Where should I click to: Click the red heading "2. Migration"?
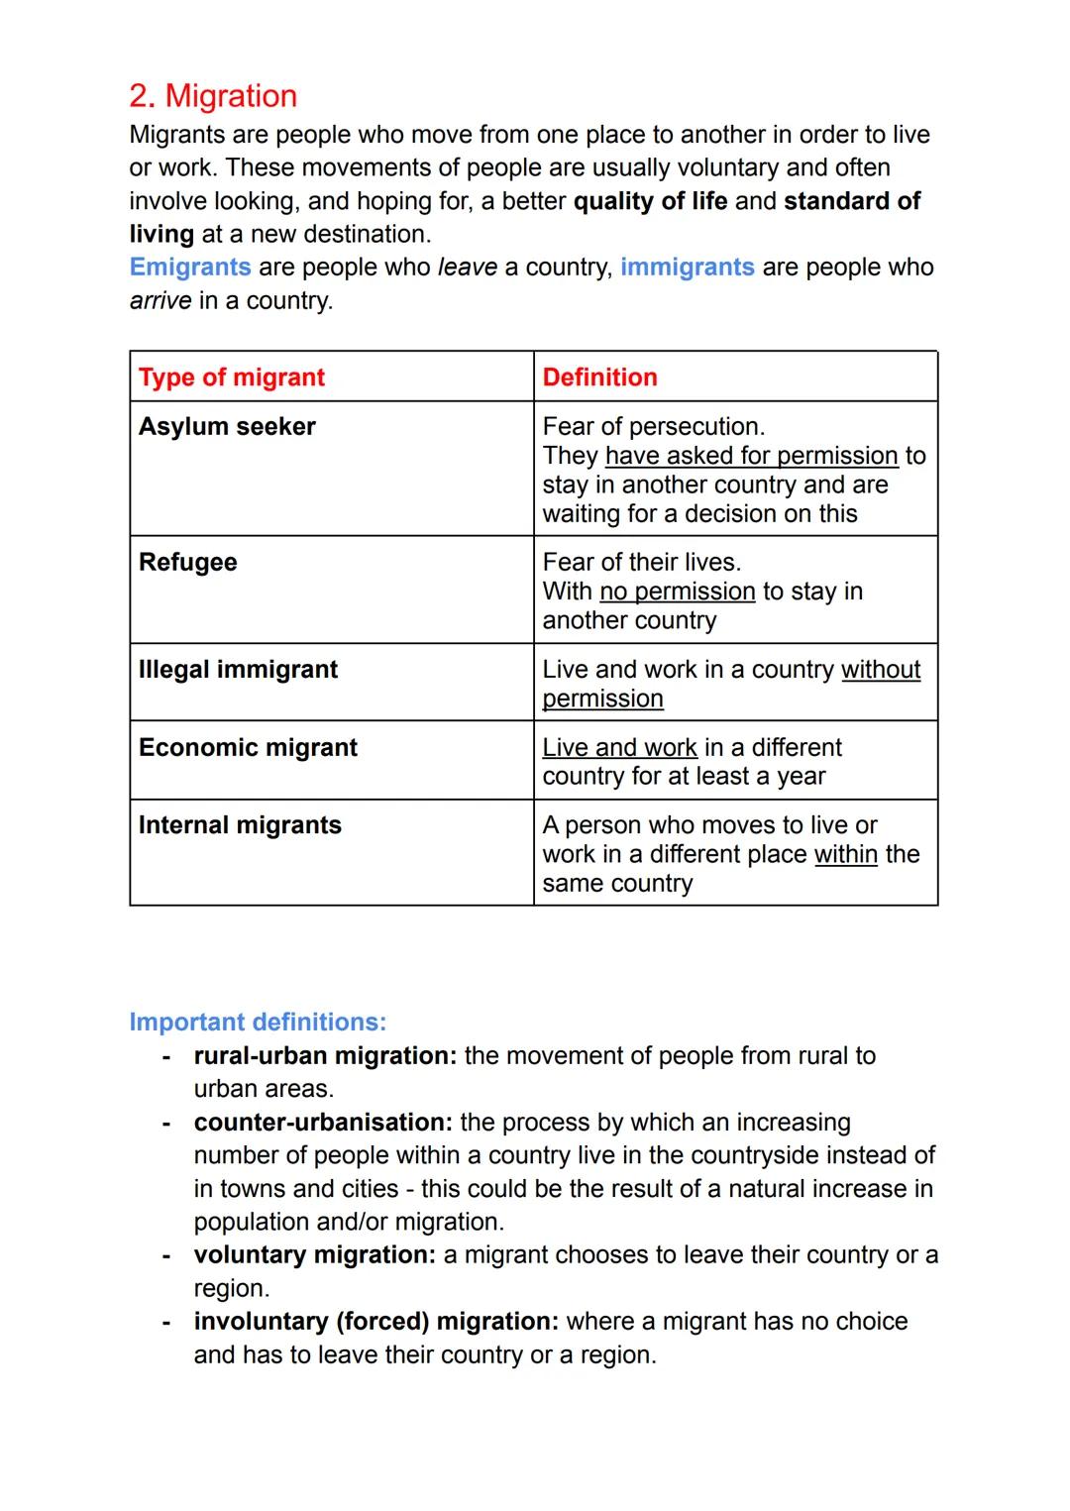[x=213, y=96]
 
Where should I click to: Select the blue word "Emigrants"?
[x=190, y=268]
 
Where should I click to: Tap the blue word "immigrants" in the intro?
[x=687, y=268]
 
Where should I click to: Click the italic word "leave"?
[x=467, y=268]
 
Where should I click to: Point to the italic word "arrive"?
[x=160, y=300]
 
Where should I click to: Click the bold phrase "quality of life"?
[x=650, y=201]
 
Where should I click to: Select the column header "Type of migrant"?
[x=232, y=378]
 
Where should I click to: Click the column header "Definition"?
[x=599, y=378]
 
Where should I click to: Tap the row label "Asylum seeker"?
[x=227, y=426]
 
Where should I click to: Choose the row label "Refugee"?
[x=188, y=562]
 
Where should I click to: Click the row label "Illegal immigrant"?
[x=238, y=670]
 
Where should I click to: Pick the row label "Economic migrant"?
[x=248, y=747]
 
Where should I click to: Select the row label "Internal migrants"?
[x=240, y=825]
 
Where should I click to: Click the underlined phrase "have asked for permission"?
[x=751, y=456]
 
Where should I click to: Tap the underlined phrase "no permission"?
[x=678, y=592]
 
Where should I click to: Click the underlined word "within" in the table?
[x=845, y=854]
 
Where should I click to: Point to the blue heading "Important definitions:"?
[x=258, y=1023]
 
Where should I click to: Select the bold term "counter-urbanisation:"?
[x=323, y=1123]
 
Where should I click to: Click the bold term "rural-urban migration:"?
[x=325, y=1056]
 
